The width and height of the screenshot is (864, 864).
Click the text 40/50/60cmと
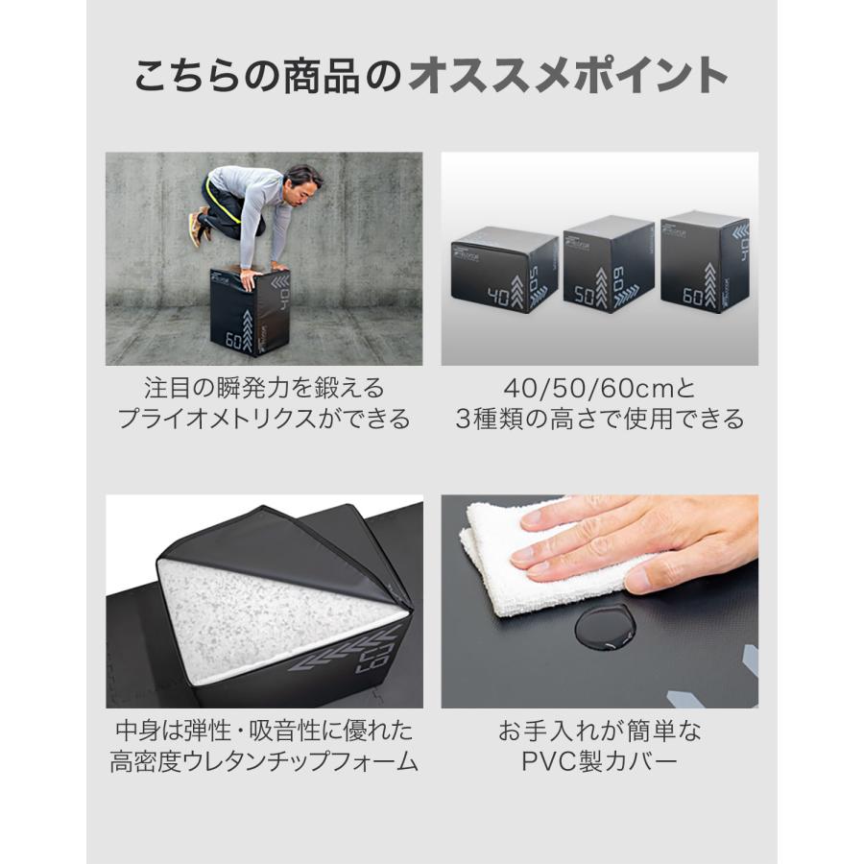click(600, 388)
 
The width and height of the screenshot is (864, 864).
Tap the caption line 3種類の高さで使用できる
click(600, 420)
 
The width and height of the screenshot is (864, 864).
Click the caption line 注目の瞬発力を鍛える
click(264, 388)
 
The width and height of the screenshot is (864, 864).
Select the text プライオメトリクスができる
click(264, 420)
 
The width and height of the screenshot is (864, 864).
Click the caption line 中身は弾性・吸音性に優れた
click(264, 732)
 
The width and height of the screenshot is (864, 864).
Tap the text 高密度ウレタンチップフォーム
click(264, 763)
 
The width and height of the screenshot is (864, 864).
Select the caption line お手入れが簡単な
click(600, 732)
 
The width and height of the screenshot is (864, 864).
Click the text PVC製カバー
click(600, 763)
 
